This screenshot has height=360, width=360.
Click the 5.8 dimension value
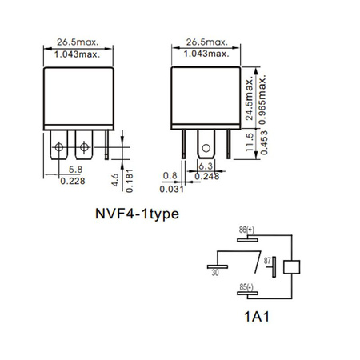pyautogui.click(x=73, y=169)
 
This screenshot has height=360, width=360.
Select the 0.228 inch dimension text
pyautogui.click(x=73, y=180)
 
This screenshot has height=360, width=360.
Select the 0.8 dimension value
pyautogui.click(x=170, y=174)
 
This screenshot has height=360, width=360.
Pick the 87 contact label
pyautogui.click(x=269, y=260)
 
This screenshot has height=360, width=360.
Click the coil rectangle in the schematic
pyautogui.click(x=293, y=266)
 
